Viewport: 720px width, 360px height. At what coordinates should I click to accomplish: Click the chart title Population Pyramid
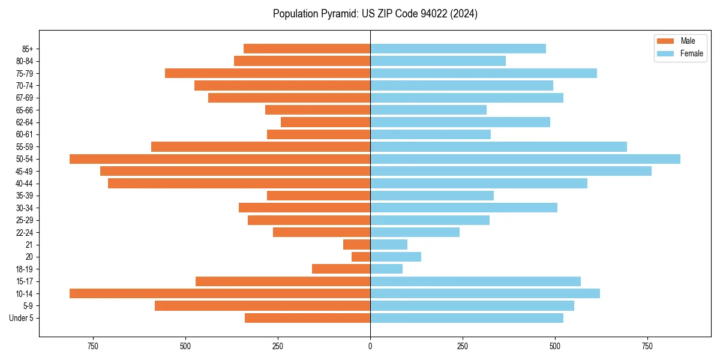tap(375, 14)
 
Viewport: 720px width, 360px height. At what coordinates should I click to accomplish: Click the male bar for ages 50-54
tap(220, 159)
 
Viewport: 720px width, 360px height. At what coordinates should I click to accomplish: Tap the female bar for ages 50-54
tap(525, 159)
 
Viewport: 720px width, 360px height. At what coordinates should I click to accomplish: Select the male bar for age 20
tap(361, 257)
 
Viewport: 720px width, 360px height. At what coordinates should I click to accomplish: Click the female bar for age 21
tap(389, 244)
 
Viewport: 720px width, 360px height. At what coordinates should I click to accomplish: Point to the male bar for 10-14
tap(220, 293)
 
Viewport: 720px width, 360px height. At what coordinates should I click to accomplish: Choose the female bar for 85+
tap(458, 49)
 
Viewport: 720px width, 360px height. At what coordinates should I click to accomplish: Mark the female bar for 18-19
tap(386, 269)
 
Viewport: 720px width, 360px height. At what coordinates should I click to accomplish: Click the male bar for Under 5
tap(307, 318)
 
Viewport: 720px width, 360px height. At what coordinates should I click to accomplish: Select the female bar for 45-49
tap(511, 171)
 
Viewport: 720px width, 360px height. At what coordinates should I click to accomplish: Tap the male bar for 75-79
tap(268, 73)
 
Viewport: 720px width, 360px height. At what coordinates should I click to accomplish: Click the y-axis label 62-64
tap(25, 122)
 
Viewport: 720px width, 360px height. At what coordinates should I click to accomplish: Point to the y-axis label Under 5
tap(22, 318)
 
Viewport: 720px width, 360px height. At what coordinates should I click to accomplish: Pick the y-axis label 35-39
tap(25, 196)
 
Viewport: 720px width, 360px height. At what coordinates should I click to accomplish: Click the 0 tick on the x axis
tap(370, 346)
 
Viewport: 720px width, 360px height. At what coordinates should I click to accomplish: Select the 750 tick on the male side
tap(92, 346)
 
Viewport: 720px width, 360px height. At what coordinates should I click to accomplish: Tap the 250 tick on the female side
tap(463, 346)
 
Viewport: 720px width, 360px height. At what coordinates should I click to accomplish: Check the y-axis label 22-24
tap(25, 232)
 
